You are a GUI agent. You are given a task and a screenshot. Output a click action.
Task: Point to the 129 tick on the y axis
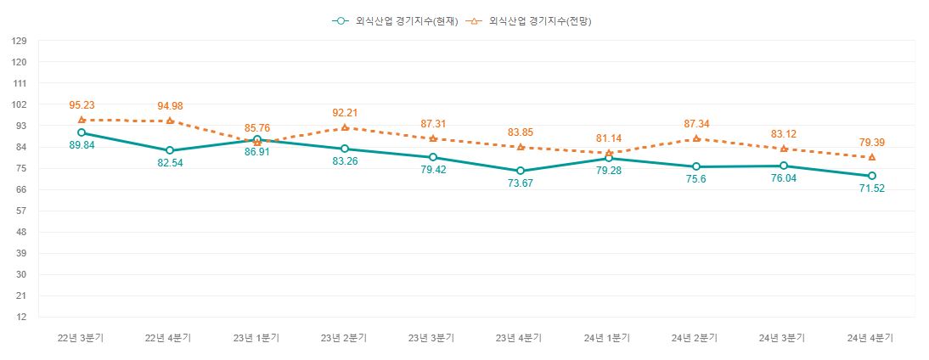click(x=20, y=41)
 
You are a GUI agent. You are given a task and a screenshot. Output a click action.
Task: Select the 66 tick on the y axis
click(x=20, y=189)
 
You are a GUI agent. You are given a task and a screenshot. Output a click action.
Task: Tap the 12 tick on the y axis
click(x=20, y=318)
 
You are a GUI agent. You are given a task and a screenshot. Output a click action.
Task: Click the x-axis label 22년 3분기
click(x=81, y=338)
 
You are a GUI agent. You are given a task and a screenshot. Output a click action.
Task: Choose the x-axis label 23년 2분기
click(x=345, y=338)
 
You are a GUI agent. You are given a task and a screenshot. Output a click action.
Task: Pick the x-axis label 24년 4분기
click(x=871, y=338)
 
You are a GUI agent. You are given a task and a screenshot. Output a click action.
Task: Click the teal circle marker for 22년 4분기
click(x=170, y=150)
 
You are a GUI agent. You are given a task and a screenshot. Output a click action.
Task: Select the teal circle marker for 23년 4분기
click(x=521, y=171)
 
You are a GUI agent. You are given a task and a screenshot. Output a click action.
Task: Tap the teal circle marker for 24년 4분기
click(x=872, y=176)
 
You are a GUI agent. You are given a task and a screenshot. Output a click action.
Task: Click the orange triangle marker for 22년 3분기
click(x=82, y=120)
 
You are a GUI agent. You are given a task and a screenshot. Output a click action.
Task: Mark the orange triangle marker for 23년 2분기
click(x=345, y=127)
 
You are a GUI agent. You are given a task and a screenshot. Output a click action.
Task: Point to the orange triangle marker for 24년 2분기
click(x=696, y=138)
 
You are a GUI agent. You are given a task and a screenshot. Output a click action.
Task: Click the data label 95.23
click(x=82, y=105)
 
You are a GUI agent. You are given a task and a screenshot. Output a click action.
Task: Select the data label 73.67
click(x=521, y=184)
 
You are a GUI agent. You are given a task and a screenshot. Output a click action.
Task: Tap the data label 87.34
click(x=696, y=124)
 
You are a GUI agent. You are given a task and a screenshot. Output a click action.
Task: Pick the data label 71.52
click(x=872, y=189)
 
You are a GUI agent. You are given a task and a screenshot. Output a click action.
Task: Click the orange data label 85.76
click(x=257, y=128)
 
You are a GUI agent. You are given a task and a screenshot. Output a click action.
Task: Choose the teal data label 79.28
click(x=608, y=172)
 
